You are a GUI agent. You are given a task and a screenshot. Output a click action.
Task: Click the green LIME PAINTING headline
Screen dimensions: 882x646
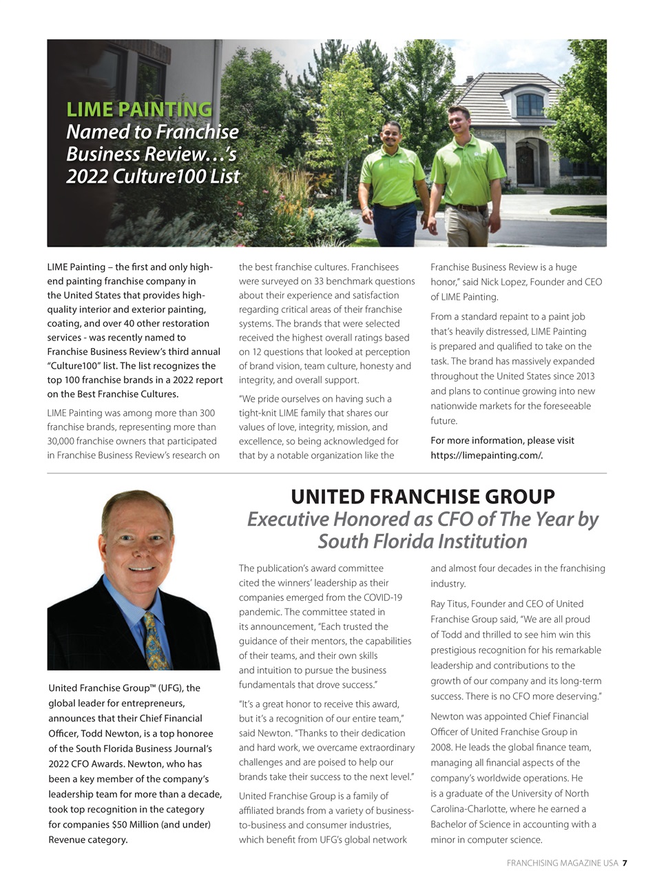coord(139,109)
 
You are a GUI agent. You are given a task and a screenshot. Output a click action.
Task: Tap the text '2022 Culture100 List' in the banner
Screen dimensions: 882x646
coord(153,176)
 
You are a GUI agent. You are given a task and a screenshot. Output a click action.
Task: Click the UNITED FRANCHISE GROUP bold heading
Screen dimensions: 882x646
coord(422,497)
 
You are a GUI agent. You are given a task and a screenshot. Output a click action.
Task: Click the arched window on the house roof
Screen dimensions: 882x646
coord(530,104)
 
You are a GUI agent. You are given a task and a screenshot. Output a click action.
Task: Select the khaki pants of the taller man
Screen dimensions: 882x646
coord(468,226)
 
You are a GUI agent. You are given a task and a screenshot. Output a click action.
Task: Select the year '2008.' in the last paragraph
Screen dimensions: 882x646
coord(444,748)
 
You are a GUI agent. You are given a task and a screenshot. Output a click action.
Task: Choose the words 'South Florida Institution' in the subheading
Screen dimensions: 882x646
coord(422,542)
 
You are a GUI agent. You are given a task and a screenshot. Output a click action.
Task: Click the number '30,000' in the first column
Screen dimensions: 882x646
coord(62,440)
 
